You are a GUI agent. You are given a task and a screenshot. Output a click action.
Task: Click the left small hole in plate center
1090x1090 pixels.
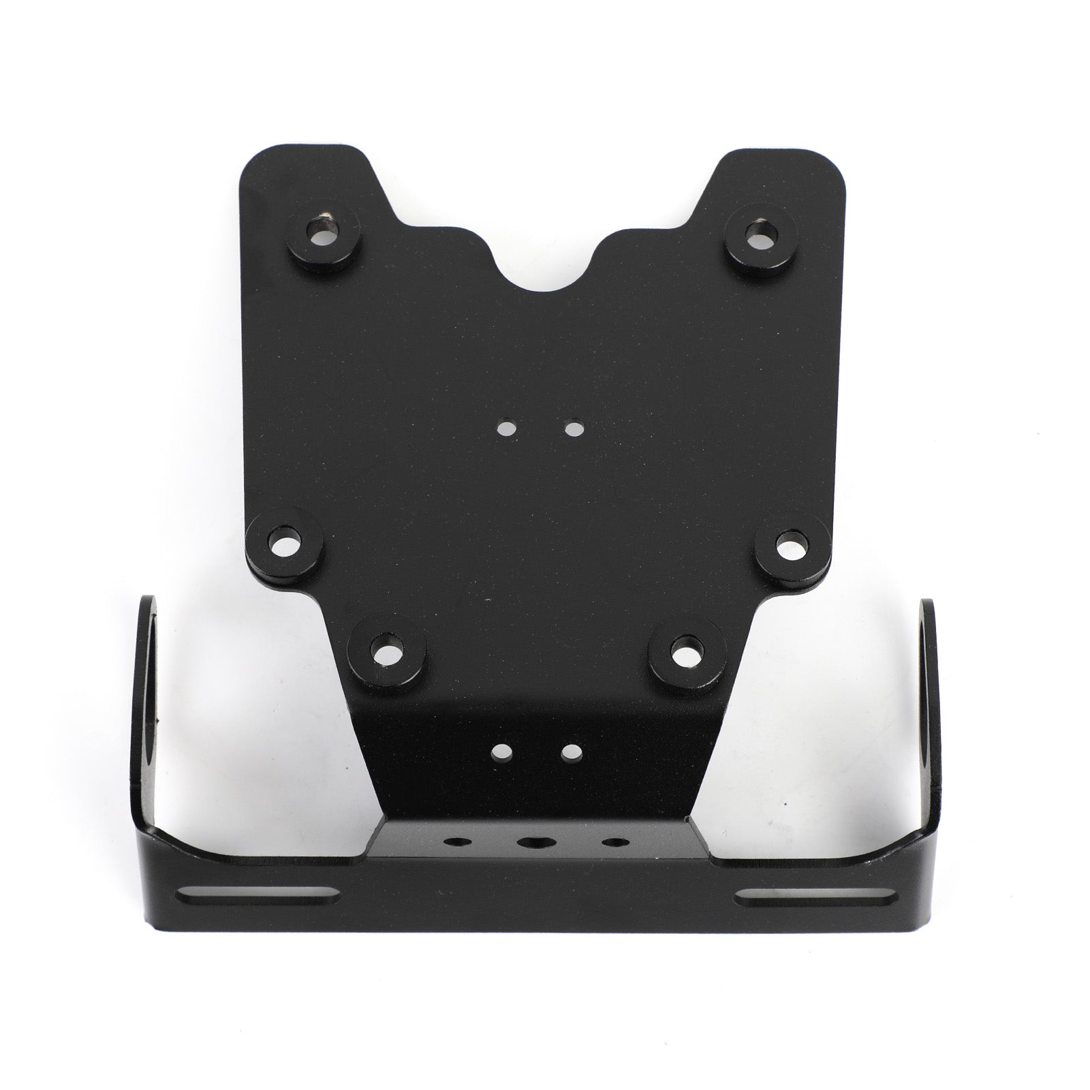click(x=505, y=429)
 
